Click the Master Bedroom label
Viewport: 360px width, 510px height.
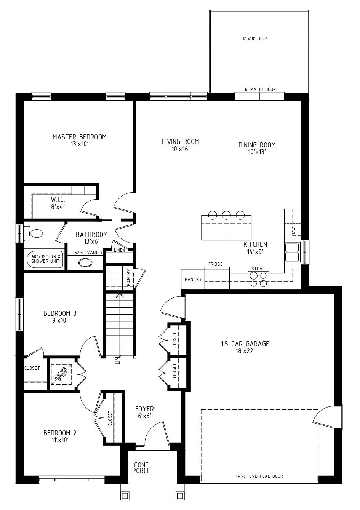click(80, 140)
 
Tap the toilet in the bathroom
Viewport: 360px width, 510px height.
click(33, 233)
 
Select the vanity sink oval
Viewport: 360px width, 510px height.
click(85, 263)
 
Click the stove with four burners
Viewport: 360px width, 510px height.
click(258, 280)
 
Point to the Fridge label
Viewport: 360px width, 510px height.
click(215, 264)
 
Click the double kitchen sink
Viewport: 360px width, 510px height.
click(292, 252)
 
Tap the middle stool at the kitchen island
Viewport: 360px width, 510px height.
click(226, 215)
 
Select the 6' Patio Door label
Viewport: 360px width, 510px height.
click(260, 90)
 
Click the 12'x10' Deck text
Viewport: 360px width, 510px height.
click(255, 38)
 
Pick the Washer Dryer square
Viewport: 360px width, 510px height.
click(61, 374)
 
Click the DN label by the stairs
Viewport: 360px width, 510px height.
click(117, 360)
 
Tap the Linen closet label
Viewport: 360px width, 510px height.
click(120, 250)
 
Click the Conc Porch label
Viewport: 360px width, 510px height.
click(141, 468)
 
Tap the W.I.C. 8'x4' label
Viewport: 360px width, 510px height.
click(58, 203)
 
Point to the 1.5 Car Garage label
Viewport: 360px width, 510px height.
click(245, 347)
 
